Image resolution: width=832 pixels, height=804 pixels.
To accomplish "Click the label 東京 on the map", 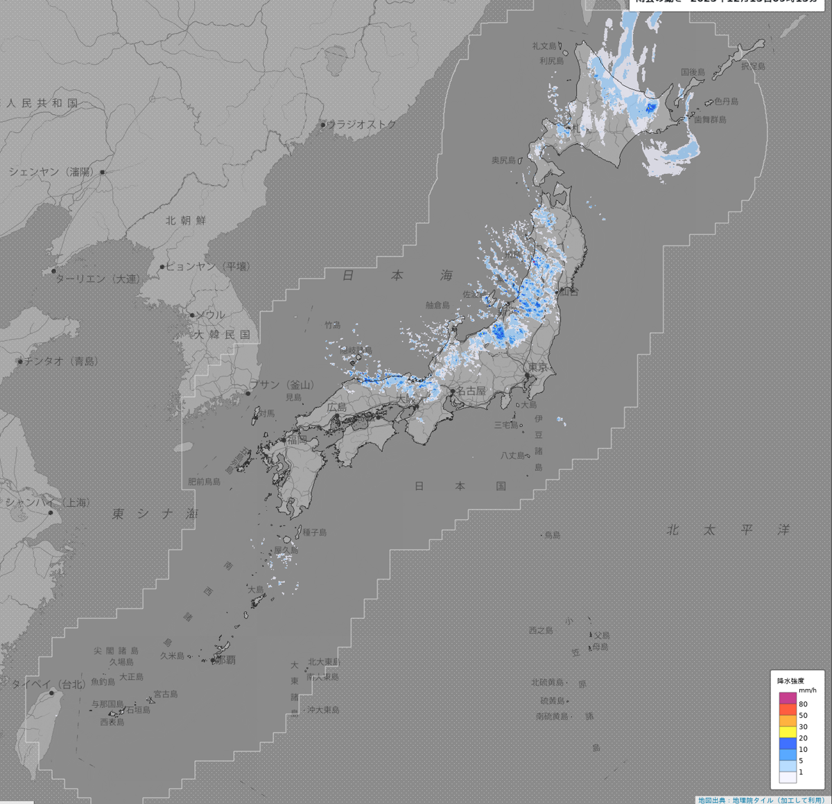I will (538, 367).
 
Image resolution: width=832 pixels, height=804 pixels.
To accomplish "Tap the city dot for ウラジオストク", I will (323, 125).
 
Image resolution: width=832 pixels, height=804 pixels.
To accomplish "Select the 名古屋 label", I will (471, 391).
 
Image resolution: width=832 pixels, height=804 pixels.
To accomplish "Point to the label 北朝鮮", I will (186, 220).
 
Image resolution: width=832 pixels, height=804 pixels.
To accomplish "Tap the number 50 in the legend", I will (803, 715).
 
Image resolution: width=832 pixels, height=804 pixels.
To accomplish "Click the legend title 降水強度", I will (790, 681).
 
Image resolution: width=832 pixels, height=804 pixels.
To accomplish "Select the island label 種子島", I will (314, 532).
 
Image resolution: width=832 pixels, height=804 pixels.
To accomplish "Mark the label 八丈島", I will (513, 455).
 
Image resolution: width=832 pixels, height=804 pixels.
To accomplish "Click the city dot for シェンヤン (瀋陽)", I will (103, 172).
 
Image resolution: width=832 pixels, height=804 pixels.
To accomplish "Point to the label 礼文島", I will (544, 46).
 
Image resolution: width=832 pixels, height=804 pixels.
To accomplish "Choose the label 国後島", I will (693, 72).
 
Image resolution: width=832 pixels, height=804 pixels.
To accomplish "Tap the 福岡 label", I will (297, 439).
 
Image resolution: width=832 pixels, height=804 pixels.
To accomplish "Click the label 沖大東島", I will (324, 710).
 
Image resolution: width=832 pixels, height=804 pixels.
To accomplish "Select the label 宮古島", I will (166, 694).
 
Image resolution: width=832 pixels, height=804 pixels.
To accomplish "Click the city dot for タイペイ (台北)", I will (51, 692).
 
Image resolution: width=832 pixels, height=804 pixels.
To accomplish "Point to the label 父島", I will (602, 635).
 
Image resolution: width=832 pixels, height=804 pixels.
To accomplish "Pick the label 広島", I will (337, 408).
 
